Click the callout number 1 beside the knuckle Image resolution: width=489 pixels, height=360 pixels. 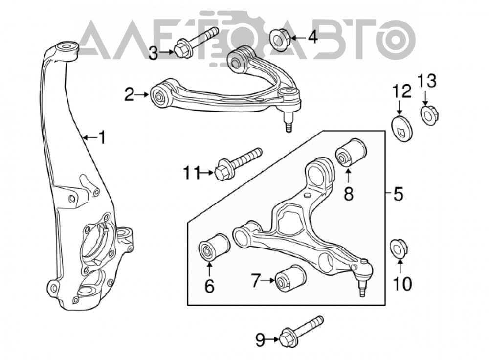(102, 137)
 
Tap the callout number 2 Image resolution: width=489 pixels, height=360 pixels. (130, 94)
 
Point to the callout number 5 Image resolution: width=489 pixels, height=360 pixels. (398, 194)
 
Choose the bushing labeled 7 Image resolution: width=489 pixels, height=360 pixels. (290, 278)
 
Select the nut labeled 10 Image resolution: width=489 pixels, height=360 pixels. (399, 248)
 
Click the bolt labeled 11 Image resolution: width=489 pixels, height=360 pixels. (238, 163)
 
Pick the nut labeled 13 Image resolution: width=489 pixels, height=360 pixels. (430, 115)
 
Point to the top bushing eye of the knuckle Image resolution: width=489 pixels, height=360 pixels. (67, 50)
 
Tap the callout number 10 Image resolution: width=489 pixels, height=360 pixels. (402, 284)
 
